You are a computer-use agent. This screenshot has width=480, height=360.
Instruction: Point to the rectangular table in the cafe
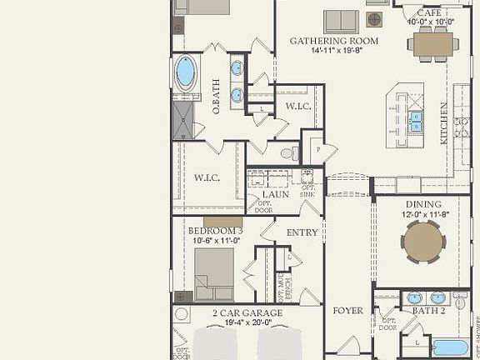coord(432,42)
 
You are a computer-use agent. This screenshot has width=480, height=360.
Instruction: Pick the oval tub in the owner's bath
coord(185,72)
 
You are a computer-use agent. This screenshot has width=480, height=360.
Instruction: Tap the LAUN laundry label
coord(275,194)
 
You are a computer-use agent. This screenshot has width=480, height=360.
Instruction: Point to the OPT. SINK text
coord(307,191)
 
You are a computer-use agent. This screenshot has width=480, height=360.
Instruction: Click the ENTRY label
coord(302,232)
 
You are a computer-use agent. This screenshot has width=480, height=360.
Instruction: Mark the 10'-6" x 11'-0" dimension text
coord(214,240)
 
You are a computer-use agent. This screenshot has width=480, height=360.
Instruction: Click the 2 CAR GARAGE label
coord(247,313)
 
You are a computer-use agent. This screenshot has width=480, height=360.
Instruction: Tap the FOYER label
coord(348,311)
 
